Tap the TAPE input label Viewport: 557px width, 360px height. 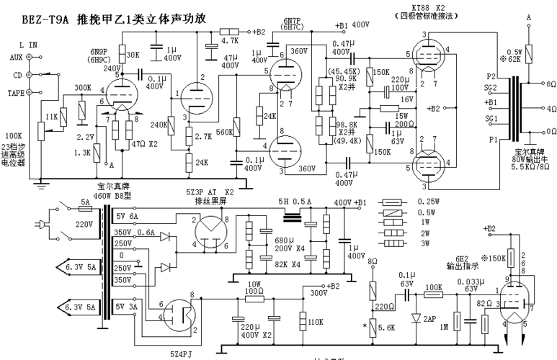pyautogui.click(x=14, y=92)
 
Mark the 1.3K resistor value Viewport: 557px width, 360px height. pyautogui.click(x=81, y=153)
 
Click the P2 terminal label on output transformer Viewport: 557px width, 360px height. pyautogui.click(x=492, y=76)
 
